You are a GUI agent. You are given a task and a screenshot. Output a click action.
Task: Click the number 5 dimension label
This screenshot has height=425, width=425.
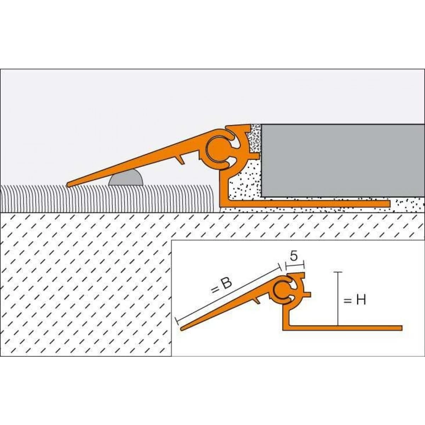pyautogui.click(x=293, y=256)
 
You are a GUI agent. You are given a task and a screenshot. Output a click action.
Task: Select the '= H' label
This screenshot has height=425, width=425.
pyautogui.click(x=355, y=300)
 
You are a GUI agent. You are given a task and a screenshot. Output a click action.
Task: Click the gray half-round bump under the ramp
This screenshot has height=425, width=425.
pyautogui.click(x=126, y=178)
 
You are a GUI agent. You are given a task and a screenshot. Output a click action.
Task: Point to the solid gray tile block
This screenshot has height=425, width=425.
pyautogui.click(x=342, y=159)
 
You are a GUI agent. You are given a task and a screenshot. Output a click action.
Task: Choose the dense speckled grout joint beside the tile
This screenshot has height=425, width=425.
pyautogui.click(x=255, y=138)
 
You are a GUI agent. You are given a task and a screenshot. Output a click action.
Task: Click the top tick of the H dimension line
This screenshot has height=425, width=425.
pyautogui.click(x=339, y=272)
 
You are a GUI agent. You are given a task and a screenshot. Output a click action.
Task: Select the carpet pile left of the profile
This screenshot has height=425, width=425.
pyautogui.click(x=106, y=198)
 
